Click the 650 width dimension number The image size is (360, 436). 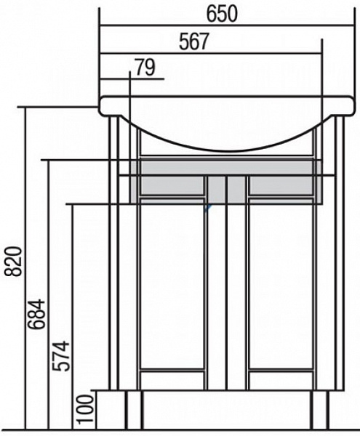click(222, 14)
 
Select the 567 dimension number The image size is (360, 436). click(194, 41)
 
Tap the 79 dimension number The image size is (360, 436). click(145, 68)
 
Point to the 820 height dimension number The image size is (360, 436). click(14, 262)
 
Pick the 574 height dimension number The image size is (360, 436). click(61, 356)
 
